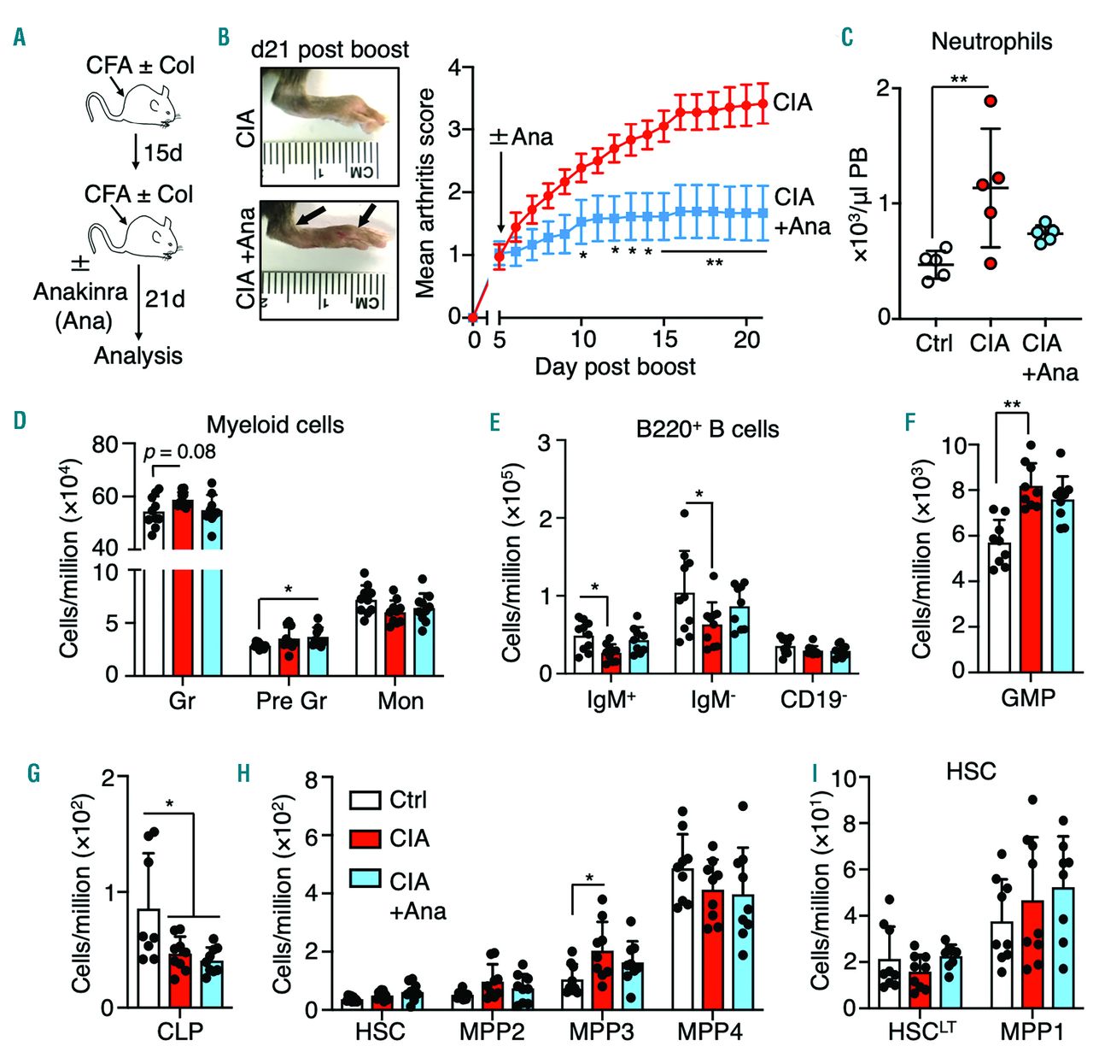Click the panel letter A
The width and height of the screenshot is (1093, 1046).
pyautogui.click(x=19, y=38)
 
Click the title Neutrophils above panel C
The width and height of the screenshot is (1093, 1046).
pyautogui.click(x=991, y=41)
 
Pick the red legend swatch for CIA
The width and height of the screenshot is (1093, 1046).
pyautogui.click(x=365, y=838)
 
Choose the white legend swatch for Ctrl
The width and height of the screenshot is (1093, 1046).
pyautogui.click(x=365, y=800)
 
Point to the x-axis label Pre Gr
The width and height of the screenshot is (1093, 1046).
pyautogui.click(x=291, y=702)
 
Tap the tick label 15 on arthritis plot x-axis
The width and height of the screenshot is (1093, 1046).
pyautogui.click(x=665, y=339)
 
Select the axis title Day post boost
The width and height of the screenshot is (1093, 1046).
pyautogui.click(x=615, y=367)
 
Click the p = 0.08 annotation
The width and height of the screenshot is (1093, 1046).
pyautogui.click(x=180, y=451)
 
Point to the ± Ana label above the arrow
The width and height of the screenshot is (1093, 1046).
pyautogui.click(x=521, y=137)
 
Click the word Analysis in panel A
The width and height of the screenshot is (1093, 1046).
pyautogui.click(x=137, y=356)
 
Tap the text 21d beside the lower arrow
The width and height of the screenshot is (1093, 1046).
pyautogui.click(x=165, y=299)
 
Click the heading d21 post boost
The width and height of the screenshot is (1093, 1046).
pyautogui.click(x=330, y=49)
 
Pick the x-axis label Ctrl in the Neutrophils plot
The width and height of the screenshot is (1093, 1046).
pyautogui.click(x=933, y=344)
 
